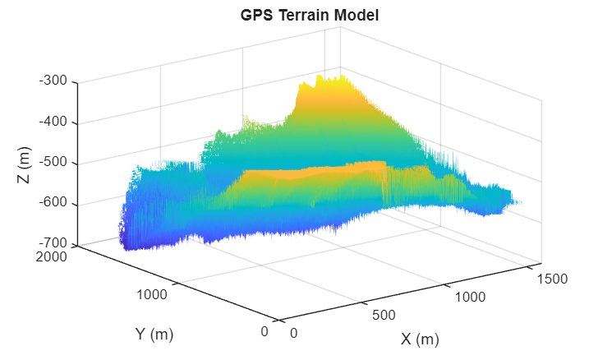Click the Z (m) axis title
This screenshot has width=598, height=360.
24,164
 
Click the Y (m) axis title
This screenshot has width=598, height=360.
154,334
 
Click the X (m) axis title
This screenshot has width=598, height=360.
420,339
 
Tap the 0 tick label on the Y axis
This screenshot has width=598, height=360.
264,331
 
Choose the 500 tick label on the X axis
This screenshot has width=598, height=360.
384,315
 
